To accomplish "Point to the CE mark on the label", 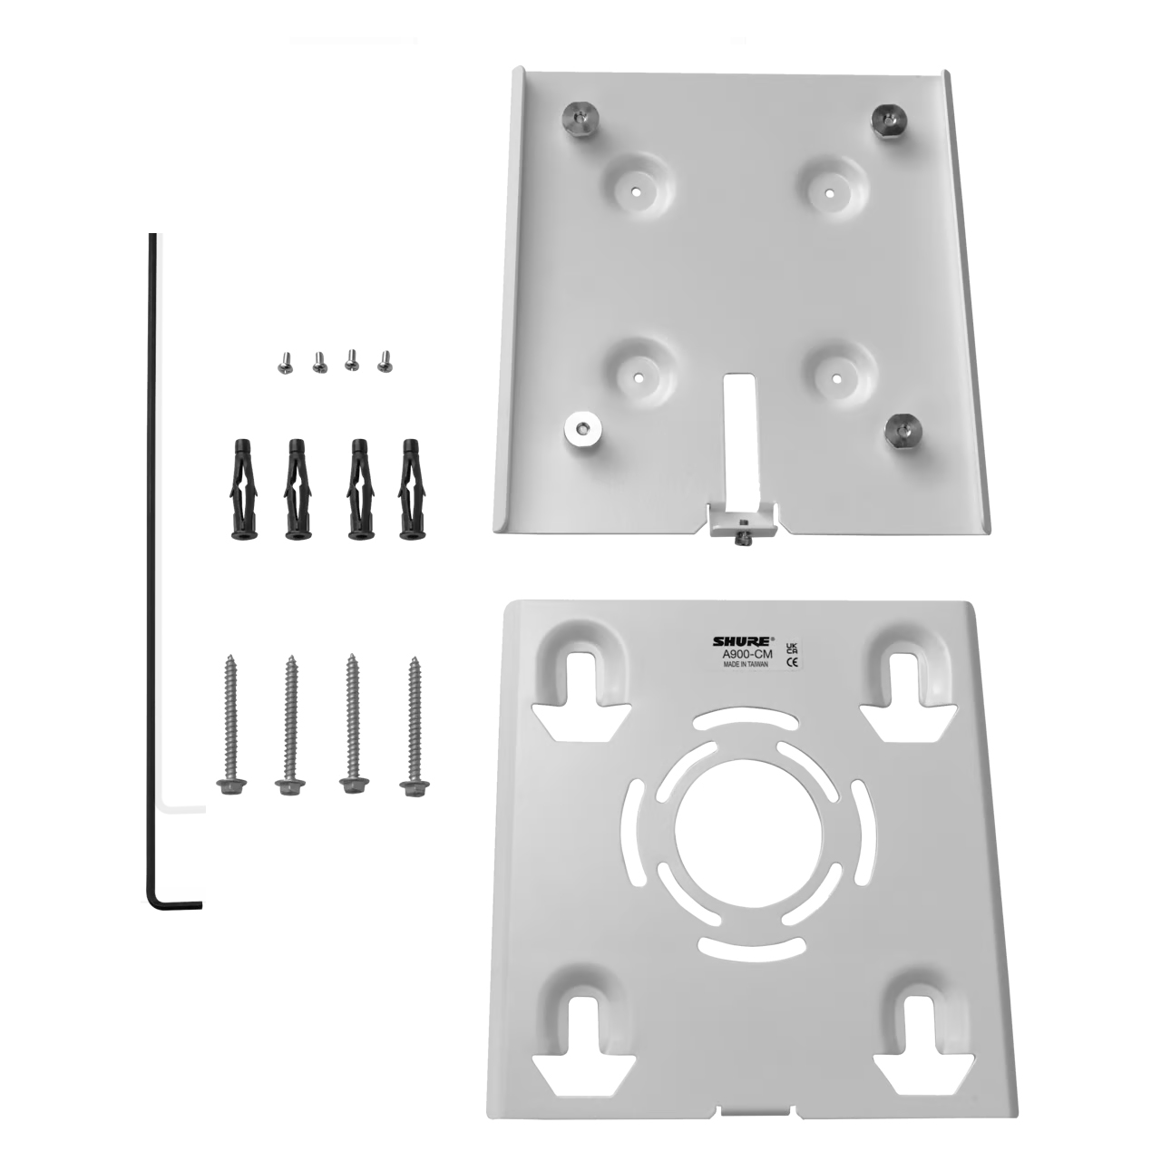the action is [793, 662].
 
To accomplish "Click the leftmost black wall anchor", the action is [243, 489].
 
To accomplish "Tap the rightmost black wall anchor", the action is [411, 489].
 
